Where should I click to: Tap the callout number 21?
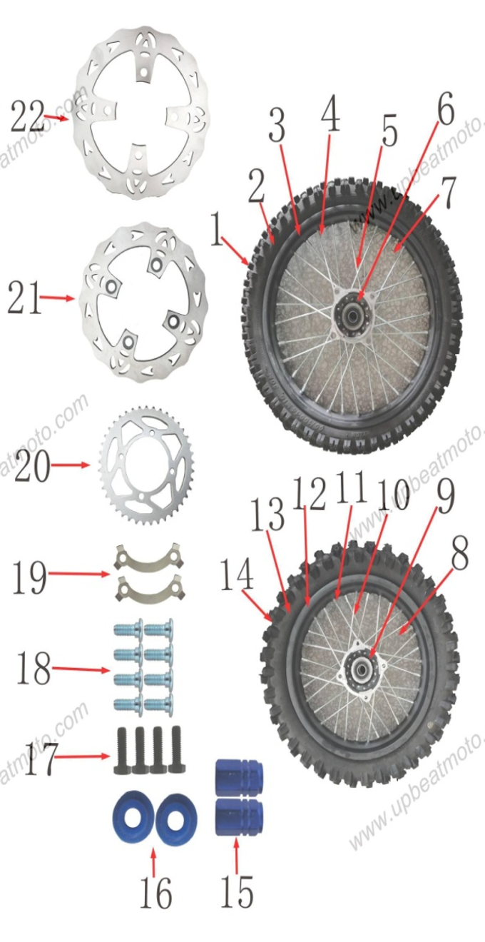[24, 298]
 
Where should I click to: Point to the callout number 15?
[236, 891]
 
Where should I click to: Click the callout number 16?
[155, 892]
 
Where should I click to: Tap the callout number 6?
[445, 111]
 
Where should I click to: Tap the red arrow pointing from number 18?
[81, 669]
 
